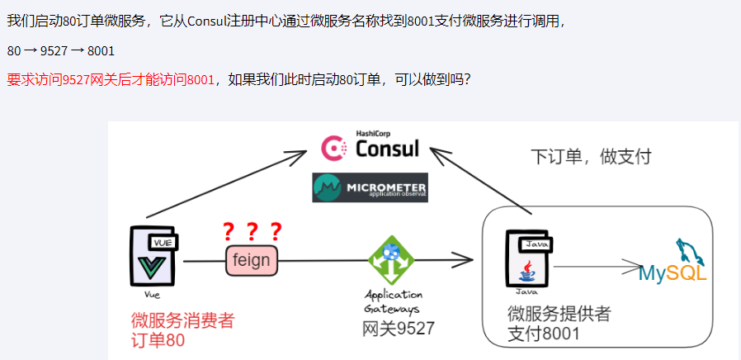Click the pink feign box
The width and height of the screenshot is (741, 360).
coord(252,260)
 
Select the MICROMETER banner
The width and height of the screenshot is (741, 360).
coord(370,187)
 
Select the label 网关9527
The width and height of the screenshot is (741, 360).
coord(399,328)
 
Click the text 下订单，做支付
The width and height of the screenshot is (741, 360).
coord(590,156)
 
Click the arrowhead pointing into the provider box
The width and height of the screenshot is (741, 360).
coord(467,261)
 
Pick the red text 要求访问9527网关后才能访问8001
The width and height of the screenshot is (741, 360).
coord(111,80)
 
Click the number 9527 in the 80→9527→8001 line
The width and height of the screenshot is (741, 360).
coord(54,51)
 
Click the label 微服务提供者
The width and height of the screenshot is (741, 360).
coord(559,314)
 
